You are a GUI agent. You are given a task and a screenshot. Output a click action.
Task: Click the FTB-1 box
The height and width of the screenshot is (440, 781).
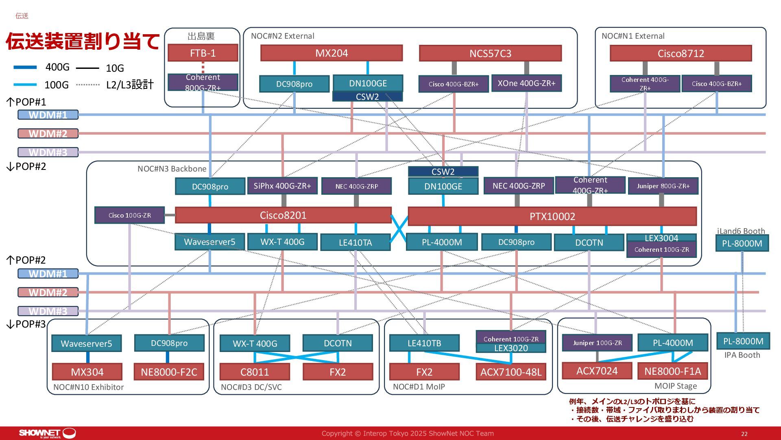(203, 53)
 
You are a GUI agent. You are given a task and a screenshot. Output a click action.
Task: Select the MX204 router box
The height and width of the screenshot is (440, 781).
(332, 53)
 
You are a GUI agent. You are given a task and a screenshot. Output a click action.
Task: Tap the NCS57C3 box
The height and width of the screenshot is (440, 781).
(490, 53)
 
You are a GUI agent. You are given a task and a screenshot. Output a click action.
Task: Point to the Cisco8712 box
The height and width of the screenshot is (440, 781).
(681, 53)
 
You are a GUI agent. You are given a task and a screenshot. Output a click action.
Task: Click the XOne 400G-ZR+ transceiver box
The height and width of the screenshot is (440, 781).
(526, 83)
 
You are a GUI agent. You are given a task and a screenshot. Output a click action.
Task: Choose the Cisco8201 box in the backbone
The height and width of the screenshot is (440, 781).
(283, 216)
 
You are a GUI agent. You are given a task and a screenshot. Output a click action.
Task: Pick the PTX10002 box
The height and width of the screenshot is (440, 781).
(552, 216)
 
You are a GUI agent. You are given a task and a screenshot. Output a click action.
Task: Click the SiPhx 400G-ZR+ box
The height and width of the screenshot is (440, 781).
(282, 186)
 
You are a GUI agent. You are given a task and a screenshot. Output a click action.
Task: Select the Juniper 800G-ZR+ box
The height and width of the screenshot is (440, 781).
(663, 186)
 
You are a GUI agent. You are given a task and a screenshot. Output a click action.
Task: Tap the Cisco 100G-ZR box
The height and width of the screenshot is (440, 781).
(129, 215)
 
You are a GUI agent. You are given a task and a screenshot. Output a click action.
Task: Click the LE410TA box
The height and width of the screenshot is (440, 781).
(355, 242)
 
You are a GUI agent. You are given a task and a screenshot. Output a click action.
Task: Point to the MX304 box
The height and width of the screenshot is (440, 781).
(87, 372)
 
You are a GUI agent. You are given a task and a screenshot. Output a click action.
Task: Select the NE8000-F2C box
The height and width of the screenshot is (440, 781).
(169, 372)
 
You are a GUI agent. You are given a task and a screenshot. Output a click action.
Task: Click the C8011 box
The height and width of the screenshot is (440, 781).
(255, 372)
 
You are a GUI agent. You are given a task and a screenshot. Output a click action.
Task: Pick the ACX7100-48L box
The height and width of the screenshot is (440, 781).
(511, 372)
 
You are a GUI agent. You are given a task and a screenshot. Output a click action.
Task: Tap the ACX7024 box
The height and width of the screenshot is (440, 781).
(597, 371)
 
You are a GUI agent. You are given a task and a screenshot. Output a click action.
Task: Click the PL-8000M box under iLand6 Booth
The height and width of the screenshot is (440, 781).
(742, 244)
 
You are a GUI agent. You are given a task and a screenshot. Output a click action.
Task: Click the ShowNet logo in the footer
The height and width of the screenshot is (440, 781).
(47, 433)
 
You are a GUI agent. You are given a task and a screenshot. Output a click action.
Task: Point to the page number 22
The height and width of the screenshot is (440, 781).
(744, 434)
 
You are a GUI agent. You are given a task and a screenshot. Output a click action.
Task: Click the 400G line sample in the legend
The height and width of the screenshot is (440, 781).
(25, 67)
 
